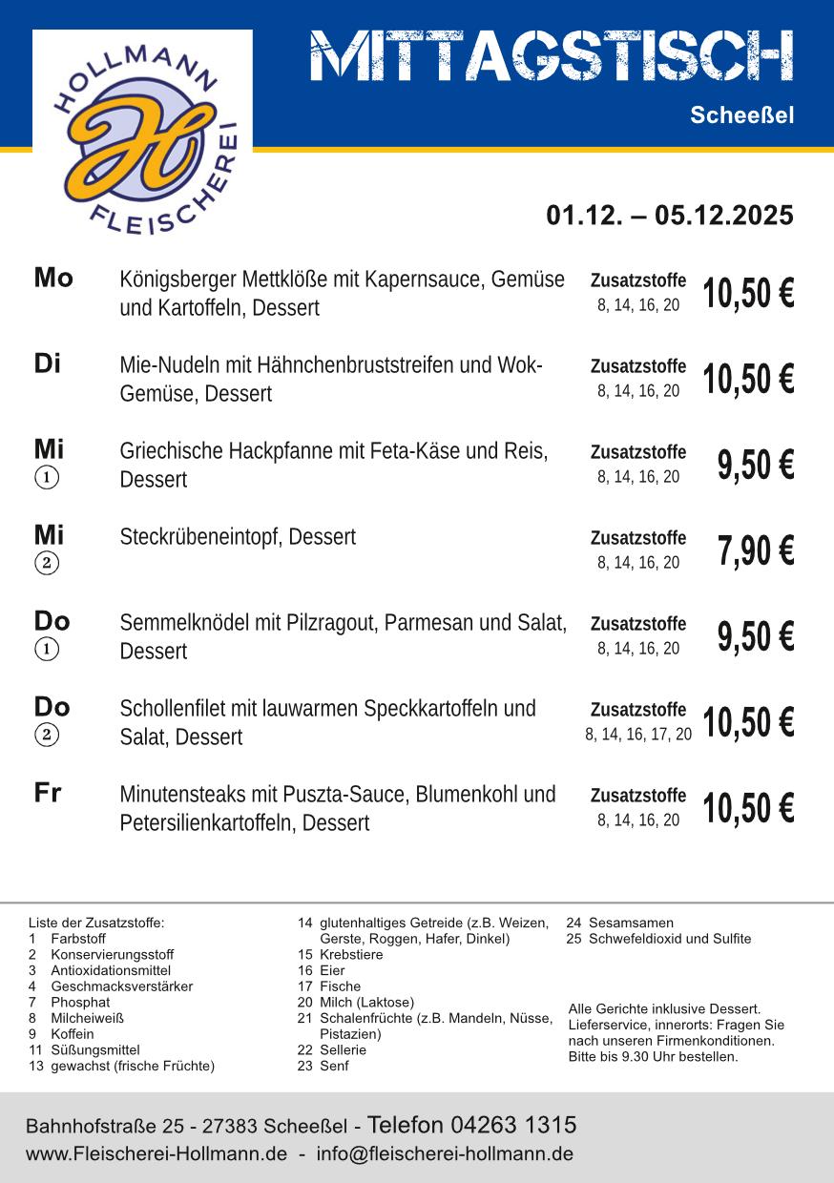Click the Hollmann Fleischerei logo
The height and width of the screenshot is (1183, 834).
pyautogui.click(x=142, y=134)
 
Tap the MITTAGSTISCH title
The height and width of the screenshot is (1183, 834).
pyautogui.click(x=552, y=56)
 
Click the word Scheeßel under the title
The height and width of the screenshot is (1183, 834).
pyautogui.click(x=741, y=115)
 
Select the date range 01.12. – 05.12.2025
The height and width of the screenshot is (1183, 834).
pyautogui.click(x=669, y=216)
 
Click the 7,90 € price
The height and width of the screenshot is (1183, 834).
pyautogui.click(x=755, y=551)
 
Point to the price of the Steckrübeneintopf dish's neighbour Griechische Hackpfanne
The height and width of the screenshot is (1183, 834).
pyautogui.click(x=755, y=466)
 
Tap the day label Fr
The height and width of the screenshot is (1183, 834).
pyautogui.click(x=48, y=793)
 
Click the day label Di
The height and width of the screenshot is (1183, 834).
pyautogui.click(x=48, y=363)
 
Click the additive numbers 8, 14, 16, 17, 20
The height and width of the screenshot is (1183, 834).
pyautogui.click(x=638, y=735)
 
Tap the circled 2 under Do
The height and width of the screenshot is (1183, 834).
pyautogui.click(x=47, y=735)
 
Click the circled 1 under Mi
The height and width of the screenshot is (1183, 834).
pyautogui.click(x=47, y=477)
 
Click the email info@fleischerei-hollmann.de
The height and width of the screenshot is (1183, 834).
pyautogui.click(x=445, y=1153)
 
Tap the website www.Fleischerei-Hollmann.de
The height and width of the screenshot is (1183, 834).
pyautogui.click(x=156, y=1153)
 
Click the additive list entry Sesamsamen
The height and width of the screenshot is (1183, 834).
pyautogui.click(x=631, y=923)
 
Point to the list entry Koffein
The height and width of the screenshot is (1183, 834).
pyautogui.click(x=73, y=1034)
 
